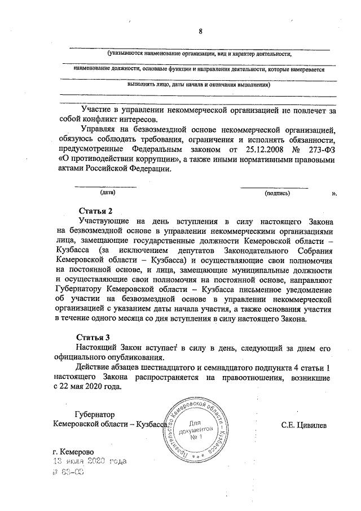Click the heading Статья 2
point(94,211)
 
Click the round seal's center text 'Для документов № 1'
point(195,429)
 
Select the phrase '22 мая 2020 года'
point(91,387)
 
